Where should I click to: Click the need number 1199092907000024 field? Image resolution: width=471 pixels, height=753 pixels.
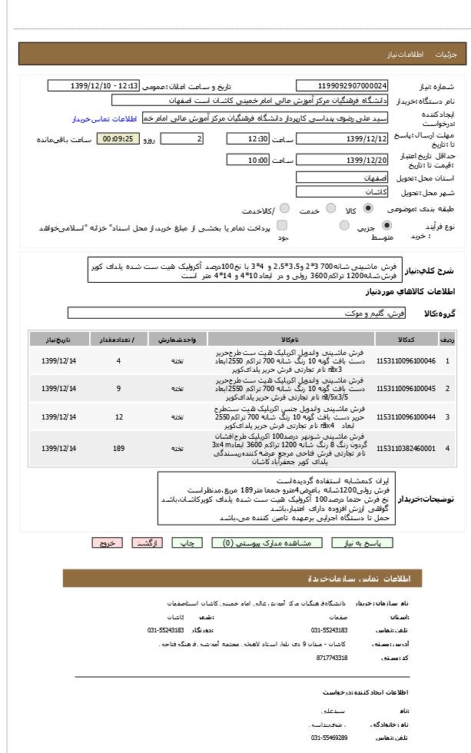click(x=342, y=86)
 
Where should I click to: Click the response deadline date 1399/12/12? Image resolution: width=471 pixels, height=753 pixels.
click(x=342, y=138)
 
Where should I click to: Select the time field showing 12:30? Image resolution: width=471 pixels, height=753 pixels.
click(x=248, y=138)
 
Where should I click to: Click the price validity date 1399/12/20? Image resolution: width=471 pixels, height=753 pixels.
click(x=342, y=160)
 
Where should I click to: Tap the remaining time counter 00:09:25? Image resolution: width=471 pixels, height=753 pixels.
click(x=118, y=139)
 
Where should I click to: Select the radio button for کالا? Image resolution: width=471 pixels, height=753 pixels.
click(x=368, y=208)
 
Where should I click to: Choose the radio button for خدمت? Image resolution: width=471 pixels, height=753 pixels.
click(x=331, y=208)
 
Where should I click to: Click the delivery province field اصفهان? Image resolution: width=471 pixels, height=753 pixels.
click(x=342, y=177)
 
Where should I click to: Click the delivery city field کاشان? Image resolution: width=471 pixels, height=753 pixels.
click(x=342, y=192)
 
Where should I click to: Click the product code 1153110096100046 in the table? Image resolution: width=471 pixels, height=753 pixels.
click(x=406, y=361)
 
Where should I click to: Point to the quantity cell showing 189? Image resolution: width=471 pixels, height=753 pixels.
click(x=118, y=448)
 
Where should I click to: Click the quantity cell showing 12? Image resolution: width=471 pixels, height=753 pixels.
click(x=118, y=416)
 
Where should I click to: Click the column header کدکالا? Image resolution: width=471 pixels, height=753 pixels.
click(x=406, y=340)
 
